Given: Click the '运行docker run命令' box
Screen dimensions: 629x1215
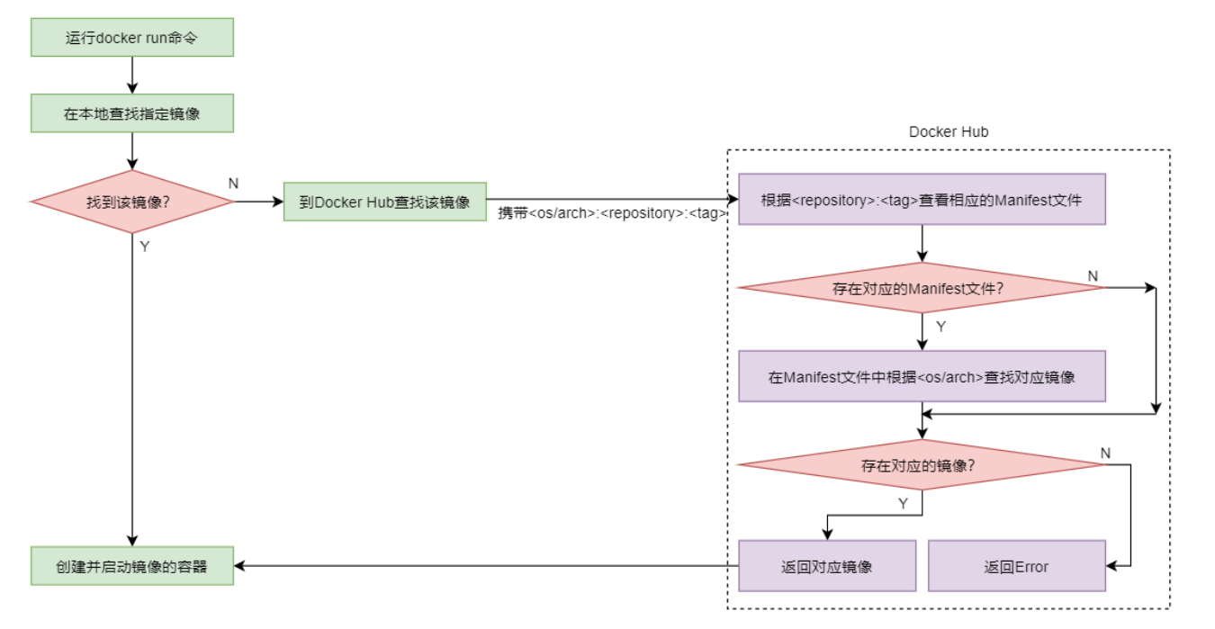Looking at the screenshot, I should pos(131,38).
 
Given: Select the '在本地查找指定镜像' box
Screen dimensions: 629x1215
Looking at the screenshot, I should pos(131,114).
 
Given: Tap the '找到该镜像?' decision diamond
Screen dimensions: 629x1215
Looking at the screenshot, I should pos(131,202).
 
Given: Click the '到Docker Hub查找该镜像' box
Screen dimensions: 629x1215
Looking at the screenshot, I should pos(384,202).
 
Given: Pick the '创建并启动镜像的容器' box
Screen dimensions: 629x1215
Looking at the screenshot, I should pos(131,566).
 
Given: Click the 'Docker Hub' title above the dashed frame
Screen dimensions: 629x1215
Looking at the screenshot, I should pos(949,132).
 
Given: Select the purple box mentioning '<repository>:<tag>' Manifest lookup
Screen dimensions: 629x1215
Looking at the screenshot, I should pos(922,200).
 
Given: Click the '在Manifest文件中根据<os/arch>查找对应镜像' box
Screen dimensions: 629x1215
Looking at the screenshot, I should pos(922,376).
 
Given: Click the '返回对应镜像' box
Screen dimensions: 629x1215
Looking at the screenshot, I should pos(826,566).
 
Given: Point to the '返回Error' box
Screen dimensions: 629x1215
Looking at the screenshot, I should pos(1016,566).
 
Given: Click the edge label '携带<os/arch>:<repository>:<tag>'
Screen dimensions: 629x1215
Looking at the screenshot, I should pos(613,214).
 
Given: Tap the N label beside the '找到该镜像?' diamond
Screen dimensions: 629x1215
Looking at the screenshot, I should pos(234,184).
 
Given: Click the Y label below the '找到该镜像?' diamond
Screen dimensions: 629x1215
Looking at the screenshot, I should pos(145,247).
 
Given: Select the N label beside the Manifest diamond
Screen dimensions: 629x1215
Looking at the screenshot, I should pos(1093,275).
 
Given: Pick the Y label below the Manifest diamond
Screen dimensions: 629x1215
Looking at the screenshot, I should pos(940,327).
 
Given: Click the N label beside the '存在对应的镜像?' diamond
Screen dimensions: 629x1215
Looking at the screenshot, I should pos(1105,452).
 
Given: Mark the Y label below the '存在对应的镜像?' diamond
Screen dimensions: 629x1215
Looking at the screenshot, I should pos(903,504).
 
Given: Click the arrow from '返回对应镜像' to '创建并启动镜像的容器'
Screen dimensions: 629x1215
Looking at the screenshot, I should pos(486,566).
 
